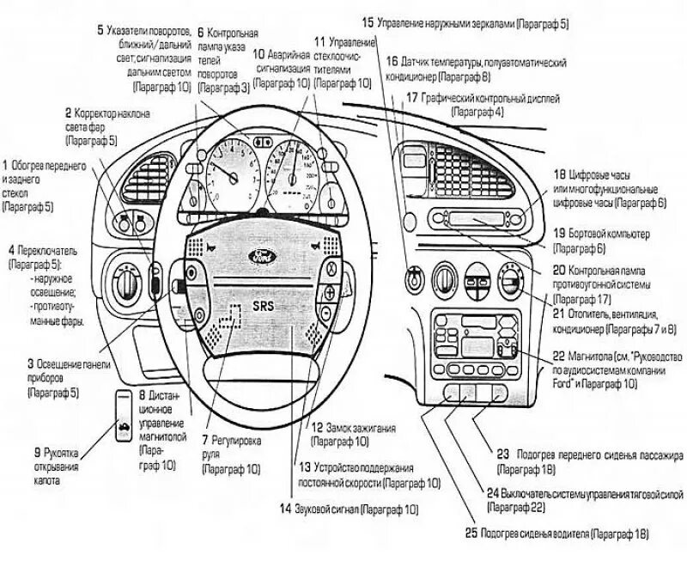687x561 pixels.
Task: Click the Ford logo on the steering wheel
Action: click(260, 256)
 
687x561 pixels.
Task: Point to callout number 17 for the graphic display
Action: click(410, 98)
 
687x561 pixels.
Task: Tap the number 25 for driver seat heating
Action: click(470, 534)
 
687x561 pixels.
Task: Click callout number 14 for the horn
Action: click(285, 508)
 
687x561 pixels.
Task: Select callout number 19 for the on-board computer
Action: click(558, 233)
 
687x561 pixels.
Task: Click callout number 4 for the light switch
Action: click(7, 245)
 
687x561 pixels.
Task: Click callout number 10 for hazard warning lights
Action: click(259, 53)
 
